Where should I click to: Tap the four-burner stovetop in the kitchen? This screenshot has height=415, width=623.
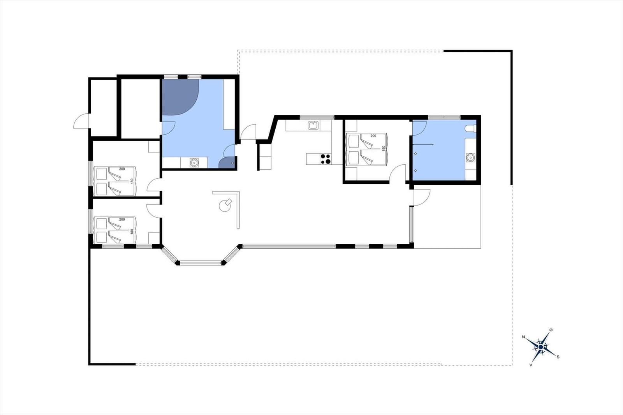[326, 159]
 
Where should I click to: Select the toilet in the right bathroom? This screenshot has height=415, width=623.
[470, 128]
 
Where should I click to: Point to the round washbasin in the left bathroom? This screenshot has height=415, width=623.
[194, 162]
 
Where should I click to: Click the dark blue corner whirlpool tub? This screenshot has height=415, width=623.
[180, 97]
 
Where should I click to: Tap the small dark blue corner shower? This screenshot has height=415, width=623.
[227, 163]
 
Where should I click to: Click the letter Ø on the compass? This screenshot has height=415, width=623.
[551, 330]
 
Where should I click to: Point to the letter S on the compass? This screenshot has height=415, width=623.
[558, 357]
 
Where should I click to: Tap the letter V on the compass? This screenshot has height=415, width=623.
[531, 365]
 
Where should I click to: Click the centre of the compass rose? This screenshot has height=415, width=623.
[541, 347]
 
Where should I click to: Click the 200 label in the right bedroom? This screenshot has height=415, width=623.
[373, 136]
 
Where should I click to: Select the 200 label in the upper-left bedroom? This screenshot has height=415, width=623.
[122, 169]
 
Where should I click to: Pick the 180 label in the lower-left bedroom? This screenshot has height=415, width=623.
[132, 231]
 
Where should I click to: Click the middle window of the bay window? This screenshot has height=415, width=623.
[201, 262]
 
